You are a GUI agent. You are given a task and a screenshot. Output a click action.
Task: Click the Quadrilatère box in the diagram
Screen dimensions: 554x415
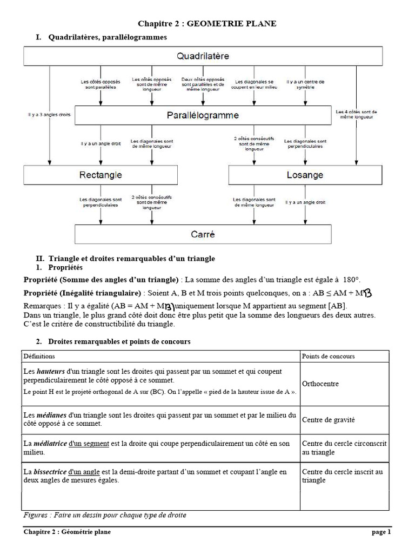click(x=203, y=56)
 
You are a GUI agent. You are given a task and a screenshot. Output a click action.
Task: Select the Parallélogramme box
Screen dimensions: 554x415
click(x=203, y=115)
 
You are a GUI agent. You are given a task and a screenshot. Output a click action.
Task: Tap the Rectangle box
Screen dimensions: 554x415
click(x=101, y=175)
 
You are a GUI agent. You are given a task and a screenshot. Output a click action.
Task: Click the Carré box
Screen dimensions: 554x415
click(x=203, y=234)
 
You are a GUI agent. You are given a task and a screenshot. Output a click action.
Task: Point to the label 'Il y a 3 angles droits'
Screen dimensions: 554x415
click(x=49, y=115)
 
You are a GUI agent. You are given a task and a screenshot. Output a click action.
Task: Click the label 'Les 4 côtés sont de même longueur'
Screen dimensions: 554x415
click(x=356, y=114)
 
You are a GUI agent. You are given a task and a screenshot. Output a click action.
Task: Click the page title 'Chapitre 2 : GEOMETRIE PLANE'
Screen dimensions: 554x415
click(x=207, y=23)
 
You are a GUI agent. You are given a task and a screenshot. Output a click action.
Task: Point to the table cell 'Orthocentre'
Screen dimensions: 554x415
click(x=320, y=384)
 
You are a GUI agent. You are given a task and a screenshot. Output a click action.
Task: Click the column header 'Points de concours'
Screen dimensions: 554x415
click(x=328, y=357)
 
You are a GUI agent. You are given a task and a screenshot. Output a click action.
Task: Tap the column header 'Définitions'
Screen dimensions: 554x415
click(x=39, y=357)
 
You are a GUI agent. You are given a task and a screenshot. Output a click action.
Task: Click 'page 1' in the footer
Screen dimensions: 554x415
click(x=381, y=532)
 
